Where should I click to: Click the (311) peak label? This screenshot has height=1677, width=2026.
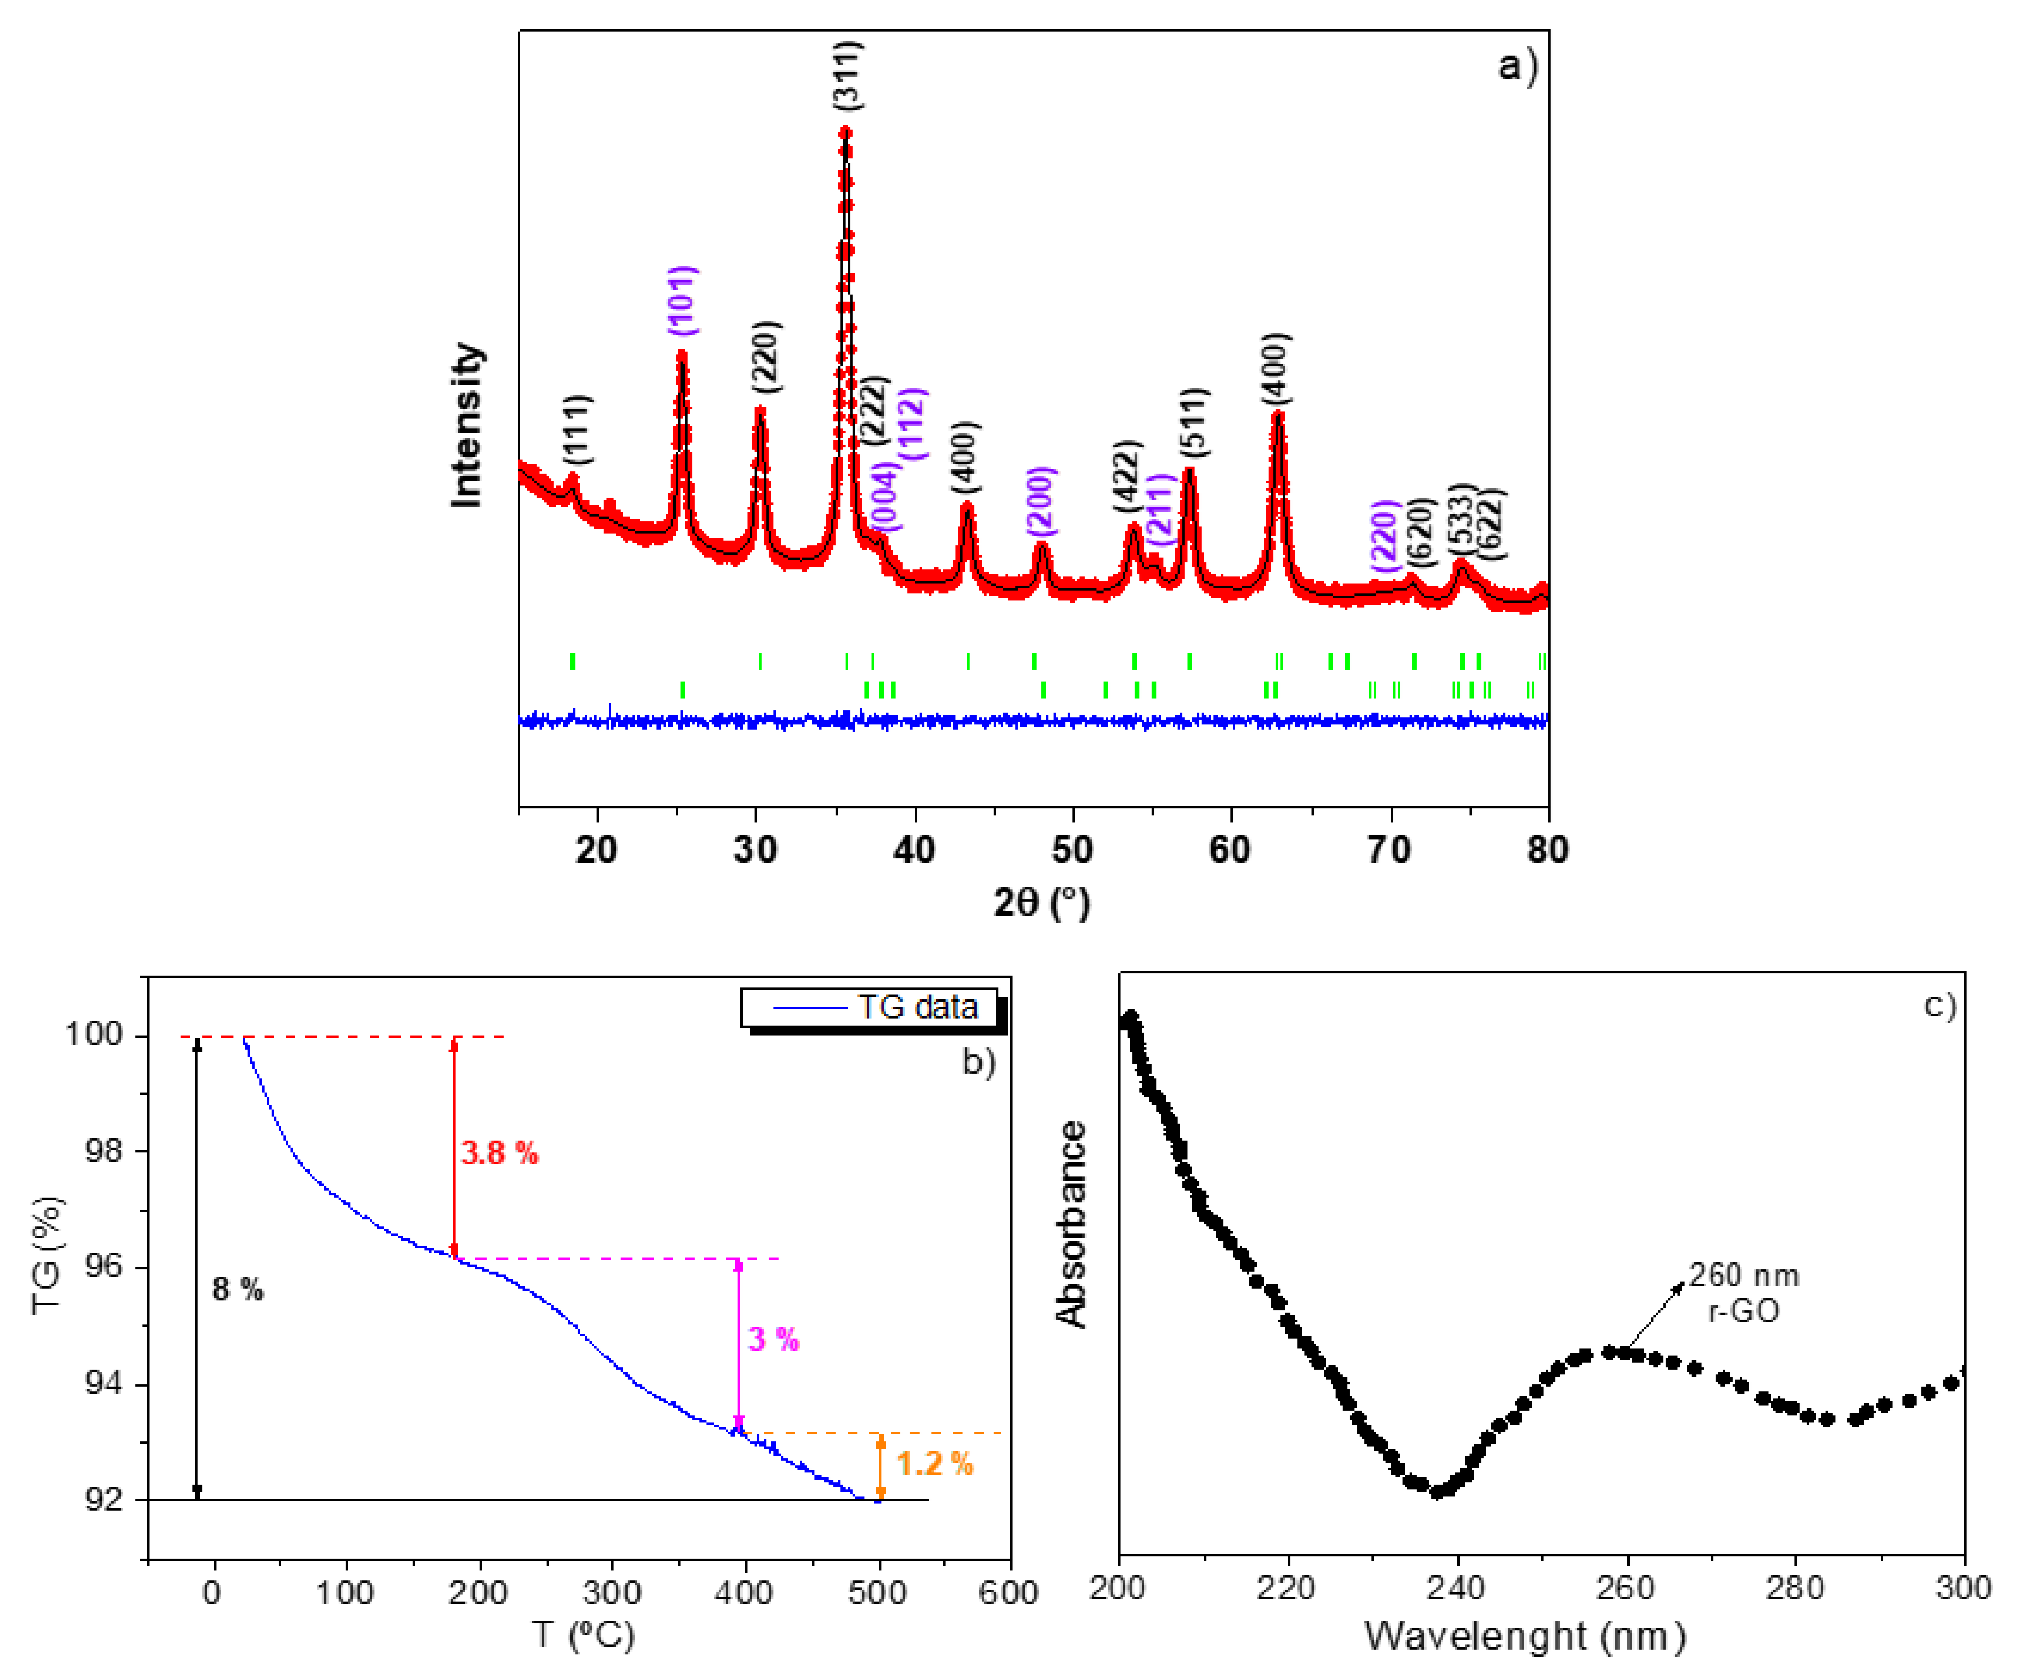point(847,75)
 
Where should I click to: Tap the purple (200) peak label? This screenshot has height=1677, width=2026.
point(1041,501)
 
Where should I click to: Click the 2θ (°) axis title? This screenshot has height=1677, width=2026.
point(1042,903)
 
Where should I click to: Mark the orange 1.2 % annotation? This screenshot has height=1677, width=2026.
point(934,1464)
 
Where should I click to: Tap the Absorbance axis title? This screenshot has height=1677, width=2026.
point(1071,1225)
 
